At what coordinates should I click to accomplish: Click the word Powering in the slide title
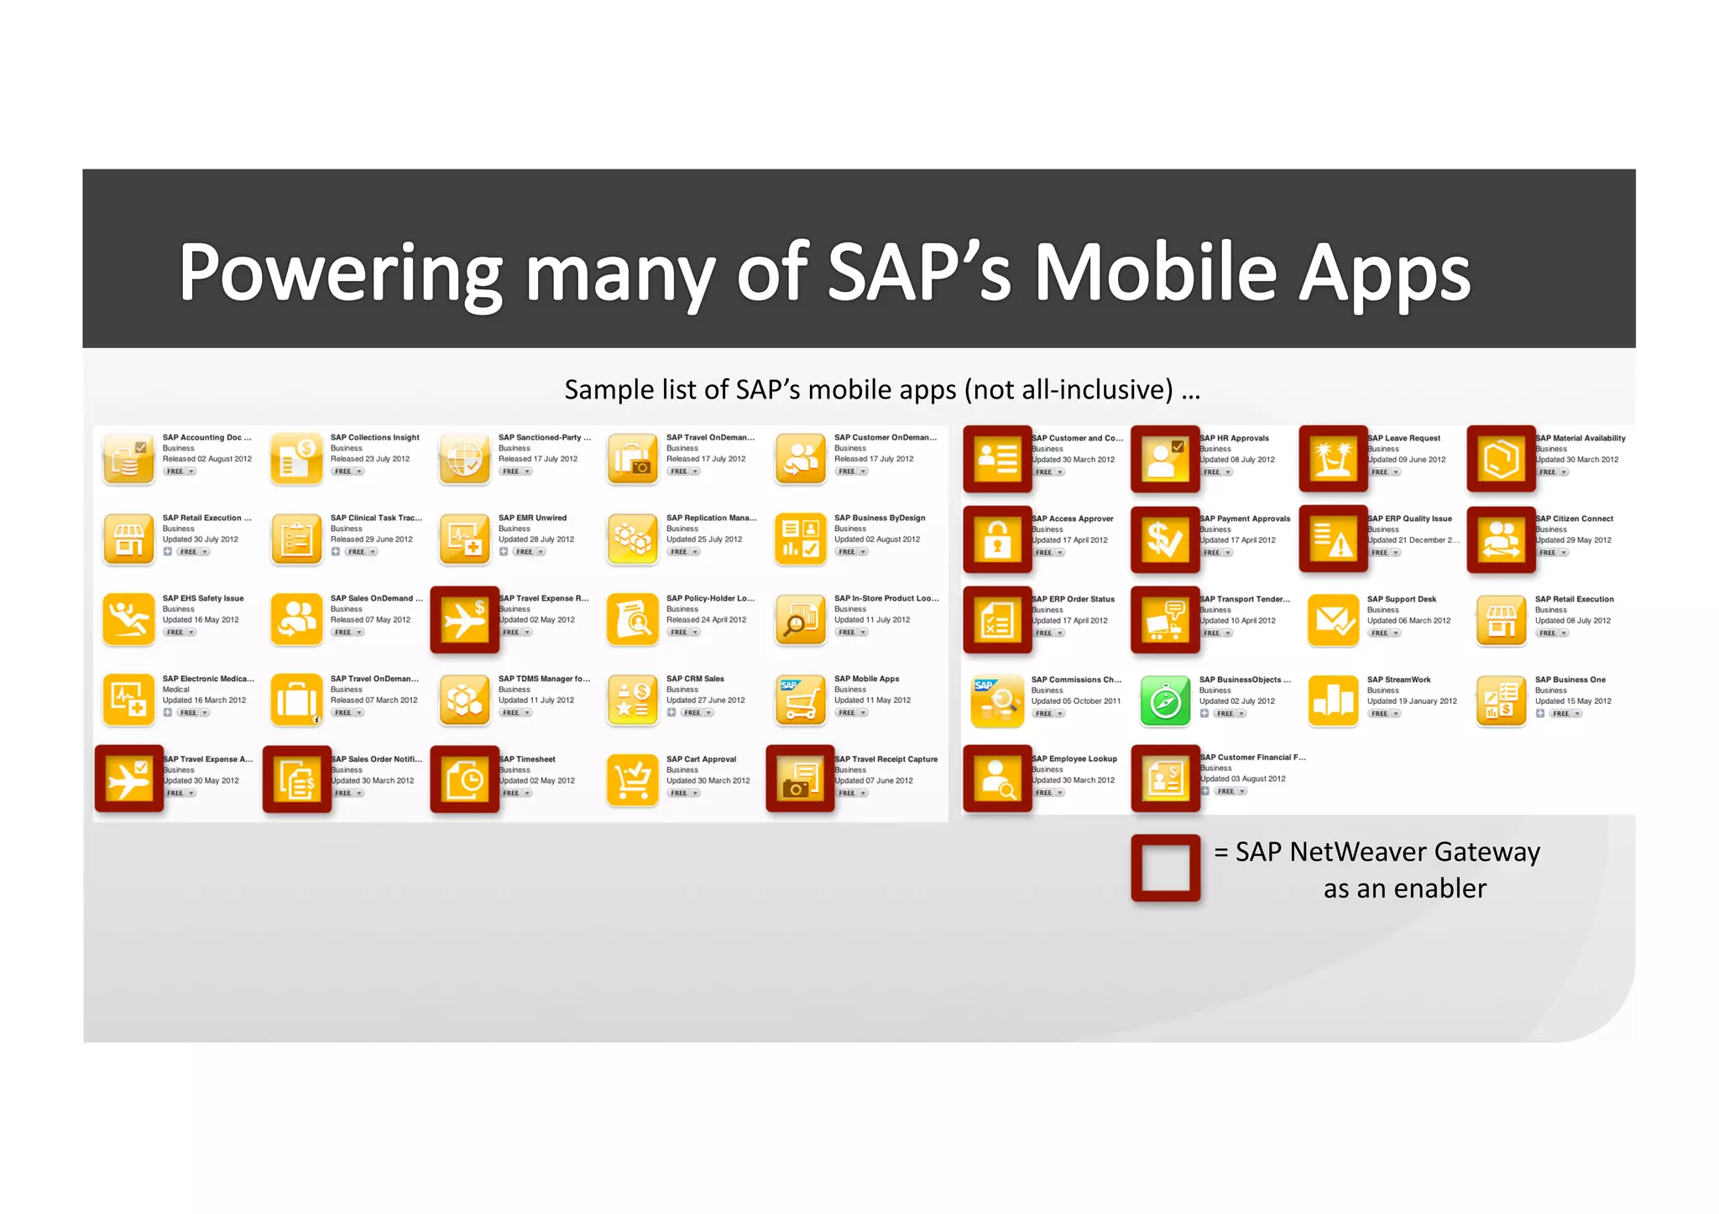pos(340,273)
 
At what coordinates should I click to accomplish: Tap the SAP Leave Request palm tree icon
pos(1333,459)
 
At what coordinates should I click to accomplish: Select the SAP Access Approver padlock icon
pos(997,539)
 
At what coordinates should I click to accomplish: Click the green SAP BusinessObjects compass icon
pos(1165,701)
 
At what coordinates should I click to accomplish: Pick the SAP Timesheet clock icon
pos(464,780)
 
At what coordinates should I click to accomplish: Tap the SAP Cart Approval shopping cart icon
pos(633,780)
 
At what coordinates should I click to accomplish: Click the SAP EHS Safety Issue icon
pos(128,619)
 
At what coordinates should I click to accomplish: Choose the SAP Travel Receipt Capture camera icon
pos(800,780)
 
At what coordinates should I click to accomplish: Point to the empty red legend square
pos(1165,868)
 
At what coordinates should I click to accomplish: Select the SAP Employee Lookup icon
pos(997,779)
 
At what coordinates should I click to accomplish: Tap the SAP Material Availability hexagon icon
pos(1501,459)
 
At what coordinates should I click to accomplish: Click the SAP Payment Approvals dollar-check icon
pos(1165,539)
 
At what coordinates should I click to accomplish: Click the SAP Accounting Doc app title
pos(206,437)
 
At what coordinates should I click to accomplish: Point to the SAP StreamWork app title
pos(1398,680)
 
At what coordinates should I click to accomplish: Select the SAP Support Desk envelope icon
pos(1333,620)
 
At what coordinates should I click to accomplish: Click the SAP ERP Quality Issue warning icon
pos(1333,539)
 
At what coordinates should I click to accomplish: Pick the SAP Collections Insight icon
pos(296,458)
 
